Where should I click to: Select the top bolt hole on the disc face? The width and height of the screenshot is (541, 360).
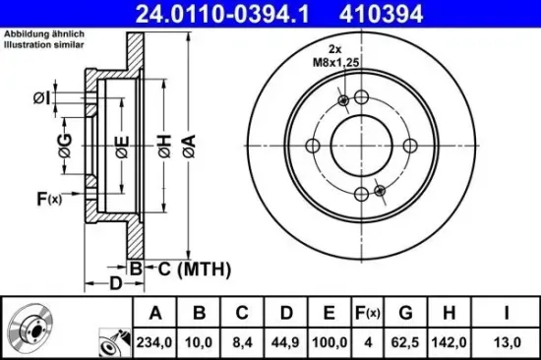361,97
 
